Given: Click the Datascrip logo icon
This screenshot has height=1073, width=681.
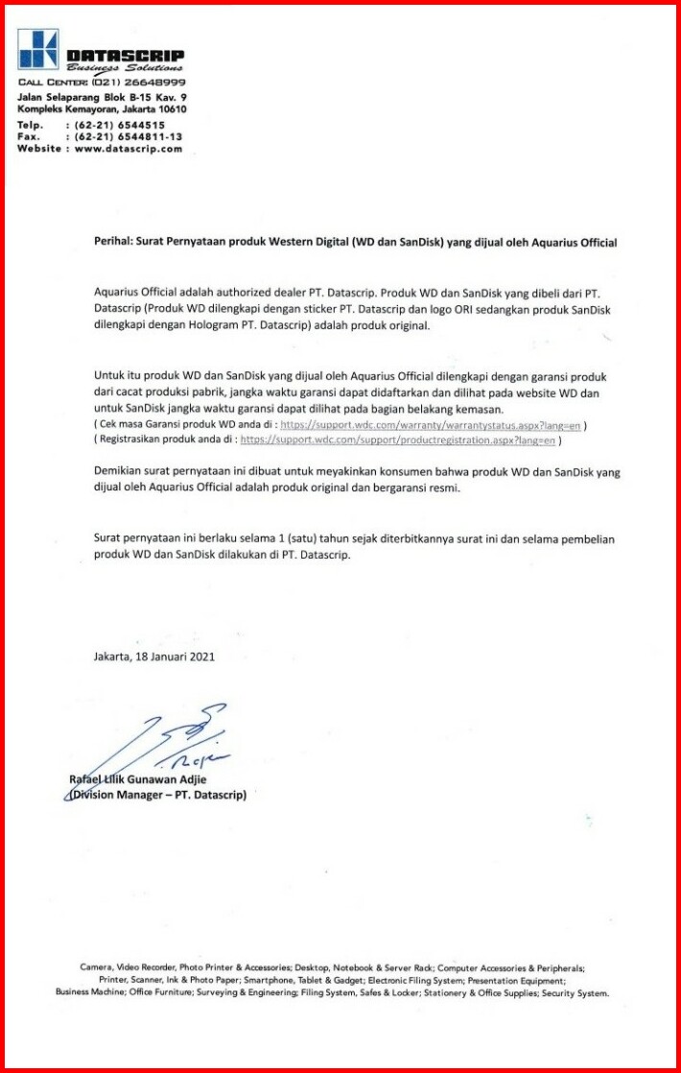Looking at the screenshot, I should [37, 48].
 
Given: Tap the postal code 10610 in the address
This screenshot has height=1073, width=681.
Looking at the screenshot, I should [170, 109].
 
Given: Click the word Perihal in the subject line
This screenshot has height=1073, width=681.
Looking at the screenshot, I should [113, 244].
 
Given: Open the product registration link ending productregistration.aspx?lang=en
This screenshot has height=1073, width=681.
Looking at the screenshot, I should [398, 441].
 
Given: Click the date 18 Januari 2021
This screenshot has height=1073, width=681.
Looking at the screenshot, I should [175, 657].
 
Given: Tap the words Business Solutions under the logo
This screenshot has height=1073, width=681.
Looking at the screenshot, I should [125, 68].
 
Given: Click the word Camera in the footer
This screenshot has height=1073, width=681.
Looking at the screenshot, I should [96, 968].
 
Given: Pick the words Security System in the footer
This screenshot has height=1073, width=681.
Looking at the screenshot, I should [575, 993].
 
